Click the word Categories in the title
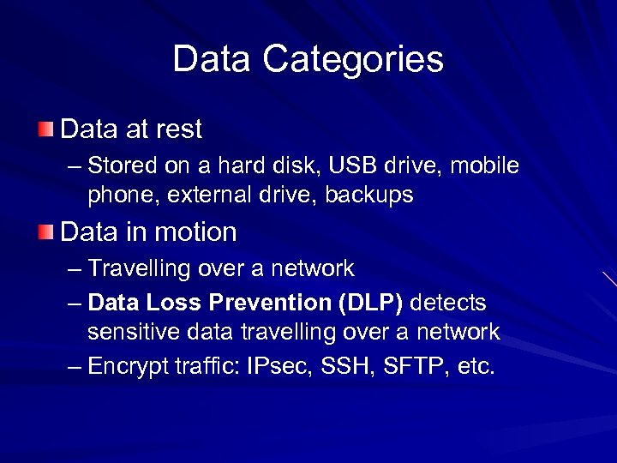pos(353,59)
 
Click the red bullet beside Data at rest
pos(45,129)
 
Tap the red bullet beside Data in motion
pos(45,231)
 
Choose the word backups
pos(368,195)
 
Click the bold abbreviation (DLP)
pos(374,302)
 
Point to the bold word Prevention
pos(268,302)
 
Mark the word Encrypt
pos(132,367)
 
